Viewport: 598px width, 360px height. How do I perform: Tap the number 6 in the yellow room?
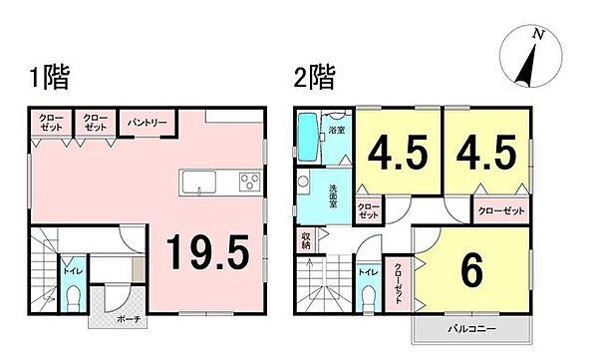click(471, 269)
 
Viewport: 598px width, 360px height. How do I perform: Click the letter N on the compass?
click(538, 34)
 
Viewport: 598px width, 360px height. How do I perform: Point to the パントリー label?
click(147, 124)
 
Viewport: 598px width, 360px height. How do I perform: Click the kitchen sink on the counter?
click(197, 181)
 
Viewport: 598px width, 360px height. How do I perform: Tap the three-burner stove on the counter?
click(248, 180)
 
